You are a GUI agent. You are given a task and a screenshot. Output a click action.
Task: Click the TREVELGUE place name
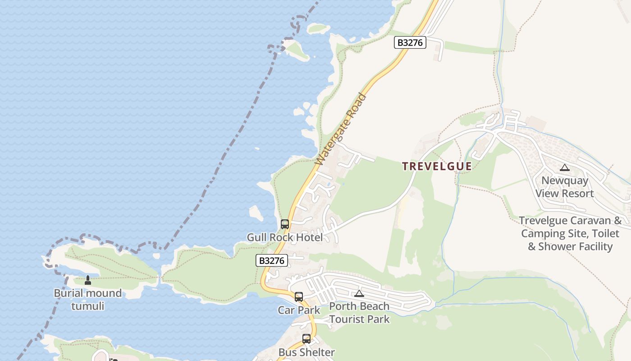(x=437, y=166)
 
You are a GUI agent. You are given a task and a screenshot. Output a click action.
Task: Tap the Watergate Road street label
(x=341, y=129)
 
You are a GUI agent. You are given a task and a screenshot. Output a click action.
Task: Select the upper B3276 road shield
(x=410, y=42)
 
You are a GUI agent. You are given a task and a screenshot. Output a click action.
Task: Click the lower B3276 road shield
(x=272, y=260)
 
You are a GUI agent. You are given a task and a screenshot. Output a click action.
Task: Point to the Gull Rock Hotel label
(x=284, y=237)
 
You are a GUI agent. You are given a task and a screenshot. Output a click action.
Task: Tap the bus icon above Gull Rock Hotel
(x=285, y=224)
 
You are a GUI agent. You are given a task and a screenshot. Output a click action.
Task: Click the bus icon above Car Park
(x=299, y=296)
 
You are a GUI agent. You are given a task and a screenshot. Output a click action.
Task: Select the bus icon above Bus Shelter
(x=306, y=338)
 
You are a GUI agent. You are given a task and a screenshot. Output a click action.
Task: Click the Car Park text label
(x=299, y=310)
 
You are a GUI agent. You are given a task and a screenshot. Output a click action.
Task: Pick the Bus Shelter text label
(x=306, y=352)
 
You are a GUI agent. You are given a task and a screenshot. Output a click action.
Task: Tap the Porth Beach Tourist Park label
(x=359, y=313)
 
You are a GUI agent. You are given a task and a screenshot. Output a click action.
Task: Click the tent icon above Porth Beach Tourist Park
(x=359, y=294)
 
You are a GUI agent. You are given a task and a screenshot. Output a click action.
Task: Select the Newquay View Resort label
(x=565, y=187)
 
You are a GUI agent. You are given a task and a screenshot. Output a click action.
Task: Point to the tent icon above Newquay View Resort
(x=565, y=167)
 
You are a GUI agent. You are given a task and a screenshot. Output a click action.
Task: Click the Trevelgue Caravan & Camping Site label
(x=571, y=233)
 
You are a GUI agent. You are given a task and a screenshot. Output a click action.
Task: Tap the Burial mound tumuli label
(x=88, y=300)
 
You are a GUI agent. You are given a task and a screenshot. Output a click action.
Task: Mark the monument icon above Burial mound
(x=88, y=280)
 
